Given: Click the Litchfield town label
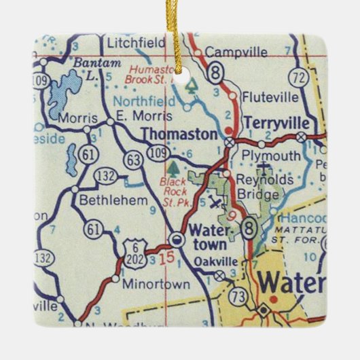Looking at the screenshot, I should [x=136, y=43].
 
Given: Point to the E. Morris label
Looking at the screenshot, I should [x=136, y=116].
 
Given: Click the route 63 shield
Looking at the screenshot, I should [x=132, y=160].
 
